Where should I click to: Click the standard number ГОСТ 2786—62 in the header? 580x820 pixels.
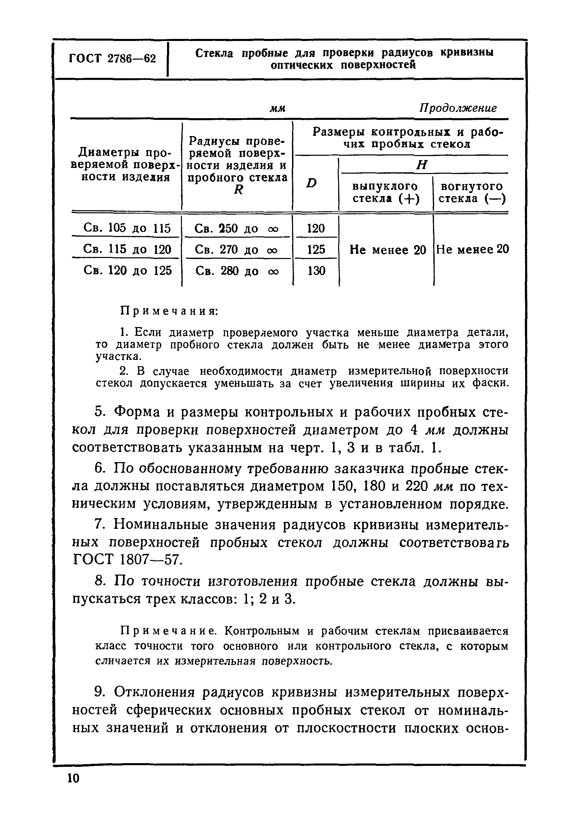click(x=112, y=59)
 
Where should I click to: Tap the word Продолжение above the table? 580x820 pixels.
click(x=457, y=108)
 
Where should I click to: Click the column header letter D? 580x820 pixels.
click(x=312, y=183)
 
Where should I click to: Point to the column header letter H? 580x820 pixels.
click(x=422, y=165)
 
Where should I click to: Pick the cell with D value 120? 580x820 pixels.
click(x=316, y=228)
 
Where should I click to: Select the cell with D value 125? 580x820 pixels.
click(x=316, y=249)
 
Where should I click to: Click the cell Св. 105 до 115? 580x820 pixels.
click(x=127, y=228)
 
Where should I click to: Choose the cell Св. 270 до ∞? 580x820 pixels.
click(x=236, y=249)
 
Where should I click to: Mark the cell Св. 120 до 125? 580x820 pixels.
click(x=128, y=271)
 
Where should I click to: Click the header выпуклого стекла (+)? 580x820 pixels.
click(x=386, y=193)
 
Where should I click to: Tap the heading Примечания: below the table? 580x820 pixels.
click(x=169, y=311)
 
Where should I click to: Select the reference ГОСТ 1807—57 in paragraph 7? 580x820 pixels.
click(x=127, y=560)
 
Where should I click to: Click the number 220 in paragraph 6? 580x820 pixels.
click(x=416, y=486)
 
